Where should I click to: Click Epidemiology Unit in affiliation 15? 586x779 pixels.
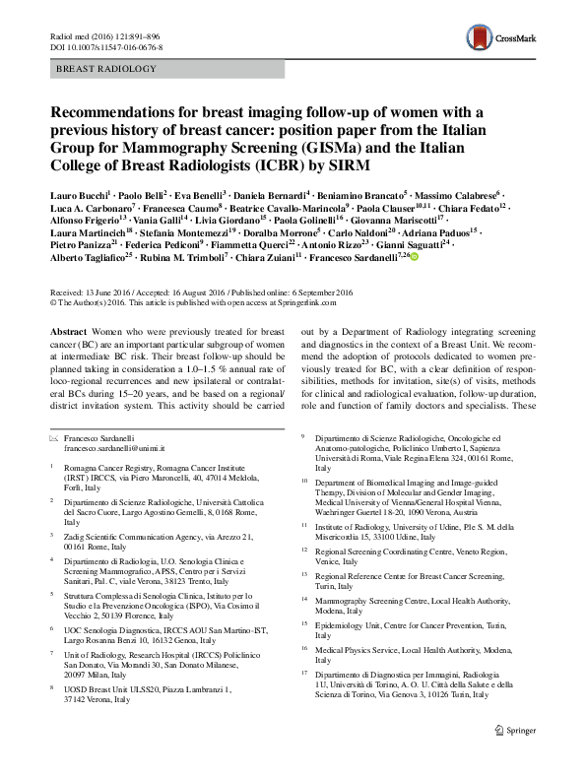345,625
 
